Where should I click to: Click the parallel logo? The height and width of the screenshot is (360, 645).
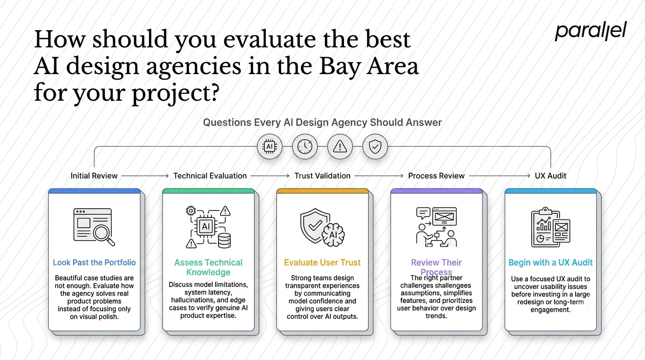pyautogui.click(x=591, y=31)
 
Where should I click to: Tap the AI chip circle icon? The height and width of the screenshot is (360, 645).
pyautogui.click(x=270, y=147)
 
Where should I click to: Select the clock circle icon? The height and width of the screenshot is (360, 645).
pyautogui.click(x=305, y=147)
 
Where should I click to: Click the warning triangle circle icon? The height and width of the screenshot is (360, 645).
pyautogui.click(x=340, y=147)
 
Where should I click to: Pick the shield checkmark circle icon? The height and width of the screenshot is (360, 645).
pyautogui.click(x=375, y=147)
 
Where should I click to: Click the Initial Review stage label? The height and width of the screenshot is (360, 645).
pyautogui.click(x=94, y=176)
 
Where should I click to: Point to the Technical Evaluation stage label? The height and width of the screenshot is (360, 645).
pyautogui.click(x=210, y=176)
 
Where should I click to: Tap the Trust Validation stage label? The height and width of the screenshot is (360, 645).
pyautogui.click(x=322, y=176)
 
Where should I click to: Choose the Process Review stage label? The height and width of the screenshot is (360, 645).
pyautogui.click(x=436, y=176)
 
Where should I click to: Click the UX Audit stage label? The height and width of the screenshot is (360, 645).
pyautogui.click(x=551, y=176)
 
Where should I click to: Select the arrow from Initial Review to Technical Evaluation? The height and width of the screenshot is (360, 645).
pyautogui.click(x=145, y=176)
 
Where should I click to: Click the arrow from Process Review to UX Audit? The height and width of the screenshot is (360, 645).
pyautogui.click(x=500, y=176)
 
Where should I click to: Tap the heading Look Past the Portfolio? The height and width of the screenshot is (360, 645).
pyautogui.click(x=94, y=262)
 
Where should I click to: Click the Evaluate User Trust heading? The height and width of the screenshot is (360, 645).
pyautogui.click(x=322, y=262)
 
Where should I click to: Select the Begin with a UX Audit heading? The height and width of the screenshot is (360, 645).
pyautogui.click(x=551, y=262)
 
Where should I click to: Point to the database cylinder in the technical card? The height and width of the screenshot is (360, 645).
pyautogui.click(x=225, y=240)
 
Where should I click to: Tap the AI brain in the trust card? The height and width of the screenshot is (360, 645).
pyautogui.click(x=333, y=235)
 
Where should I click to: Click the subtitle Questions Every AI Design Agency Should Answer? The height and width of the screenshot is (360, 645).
pyautogui.click(x=322, y=122)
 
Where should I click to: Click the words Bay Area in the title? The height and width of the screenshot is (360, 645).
pyautogui.click(x=368, y=66)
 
